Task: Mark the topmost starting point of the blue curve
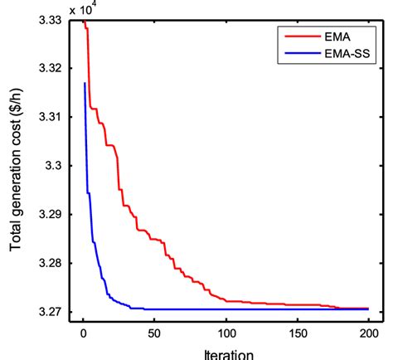[85, 83]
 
